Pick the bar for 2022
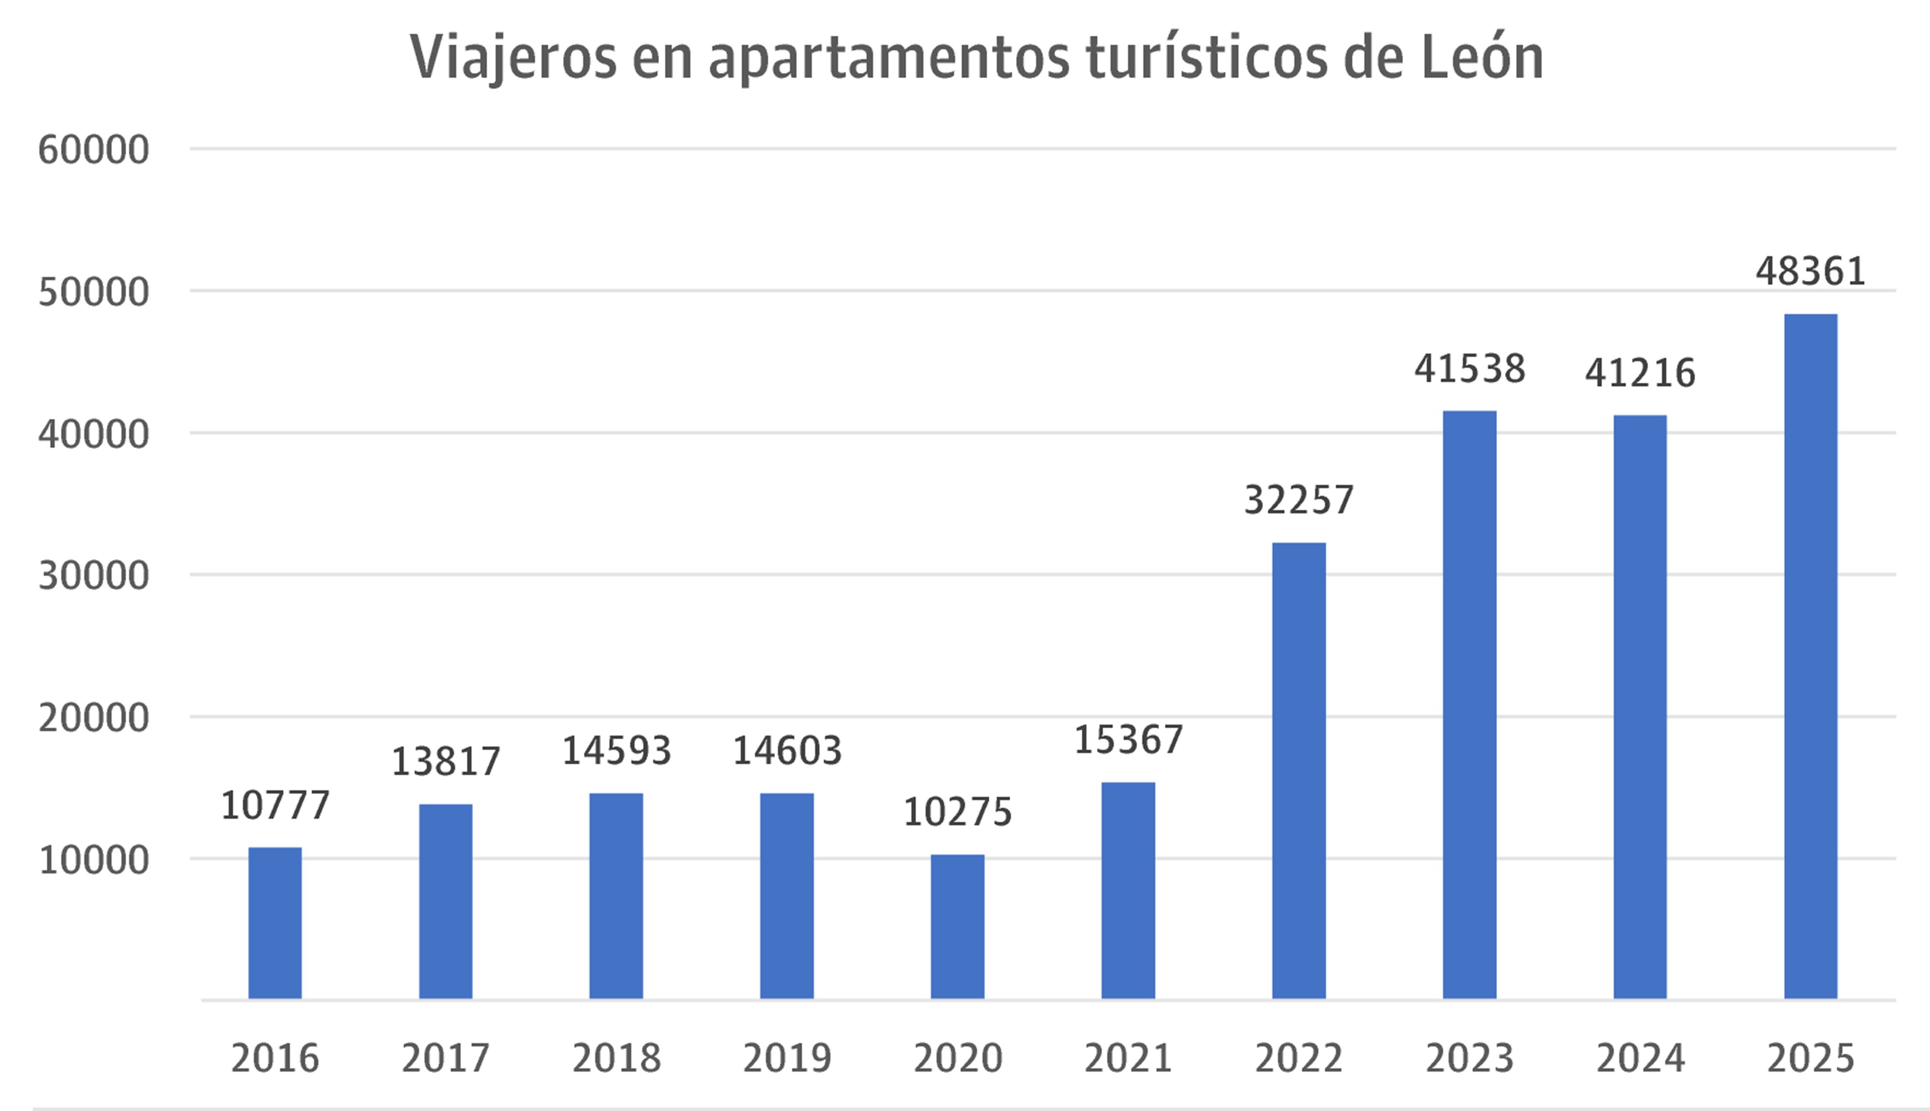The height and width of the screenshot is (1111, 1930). (x=1298, y=771)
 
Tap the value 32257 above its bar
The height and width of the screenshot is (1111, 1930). (x=1298, y=500)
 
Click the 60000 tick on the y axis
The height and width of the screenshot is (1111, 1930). (x=93, y=150)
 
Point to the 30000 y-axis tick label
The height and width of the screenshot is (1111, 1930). (x=93, y=576)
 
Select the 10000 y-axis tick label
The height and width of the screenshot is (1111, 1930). (x=93, y=861)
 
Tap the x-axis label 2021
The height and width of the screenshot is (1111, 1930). (x=1128, y=1058)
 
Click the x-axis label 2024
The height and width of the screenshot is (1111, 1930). (x=1640, y=1058)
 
